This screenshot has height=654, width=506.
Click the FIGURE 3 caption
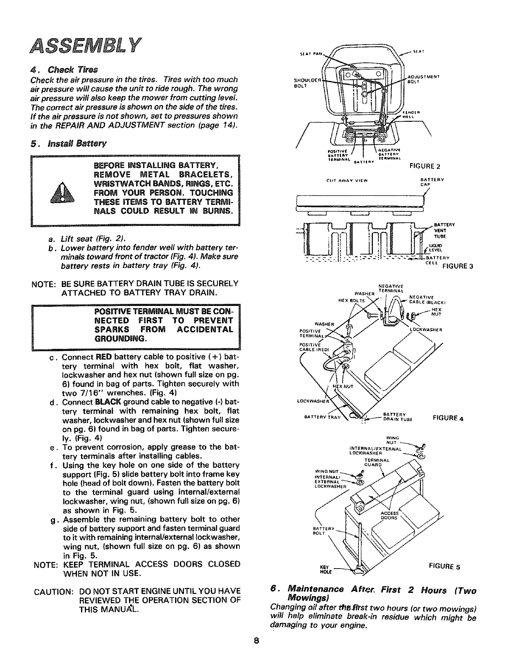457,266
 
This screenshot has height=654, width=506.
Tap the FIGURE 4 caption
448,418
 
